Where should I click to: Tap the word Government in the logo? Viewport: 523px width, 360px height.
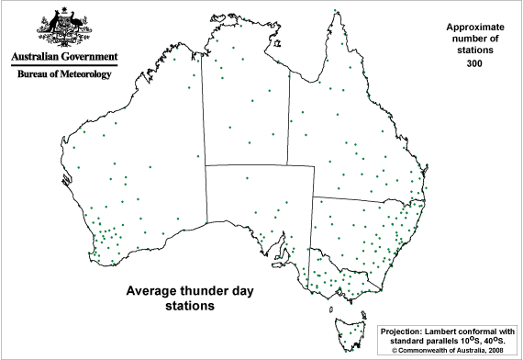click(88, 56)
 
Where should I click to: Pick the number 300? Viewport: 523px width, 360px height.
click(473, 64)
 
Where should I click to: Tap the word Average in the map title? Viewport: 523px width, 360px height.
click(149, 291)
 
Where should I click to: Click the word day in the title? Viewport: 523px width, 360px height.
click(240, 291)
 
